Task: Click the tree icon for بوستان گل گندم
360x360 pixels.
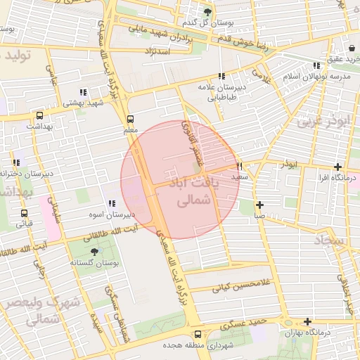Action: point(207,12)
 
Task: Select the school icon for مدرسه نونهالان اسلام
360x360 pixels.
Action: point(316,66)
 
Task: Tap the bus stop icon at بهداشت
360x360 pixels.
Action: point(39,115)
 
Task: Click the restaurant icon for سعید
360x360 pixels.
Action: point(240,167)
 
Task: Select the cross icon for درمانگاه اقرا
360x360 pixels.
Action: point(338,167)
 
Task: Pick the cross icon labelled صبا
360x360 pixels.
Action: point(260,205)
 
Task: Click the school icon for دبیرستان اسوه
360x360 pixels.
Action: point(112,204)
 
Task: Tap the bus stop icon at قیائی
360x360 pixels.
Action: point(25,213)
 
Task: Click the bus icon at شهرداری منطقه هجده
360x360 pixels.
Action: point(197,335)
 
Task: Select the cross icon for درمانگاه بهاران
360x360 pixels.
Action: point(307,321)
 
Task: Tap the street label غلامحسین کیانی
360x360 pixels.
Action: point(231,287)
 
